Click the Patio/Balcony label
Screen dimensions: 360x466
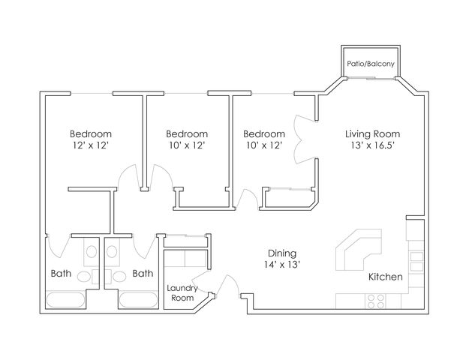click(371, 65)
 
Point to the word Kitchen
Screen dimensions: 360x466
click(386, 277)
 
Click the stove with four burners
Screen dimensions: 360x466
click(374, 301)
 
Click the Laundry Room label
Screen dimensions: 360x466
click(181, 293)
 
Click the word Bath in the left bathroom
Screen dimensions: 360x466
click(61, 274)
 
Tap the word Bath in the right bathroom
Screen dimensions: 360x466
click(143, 274)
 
